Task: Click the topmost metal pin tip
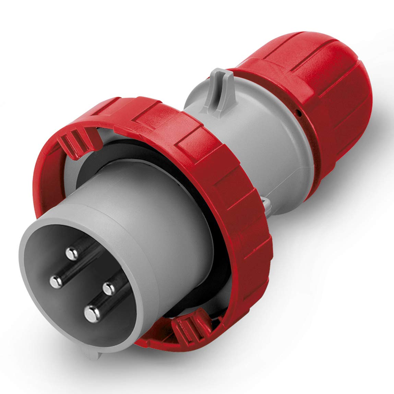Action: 72,254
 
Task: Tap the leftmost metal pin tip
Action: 55,281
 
